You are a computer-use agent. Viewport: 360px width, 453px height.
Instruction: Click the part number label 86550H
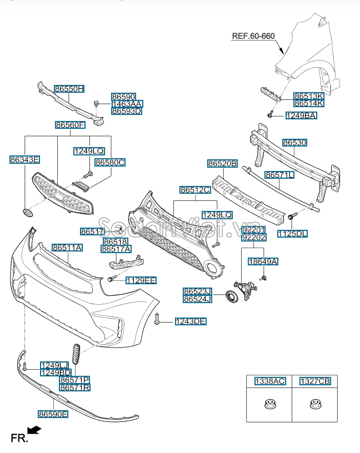(69, 89)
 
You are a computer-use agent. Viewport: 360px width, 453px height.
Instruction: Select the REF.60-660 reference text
(253, 36)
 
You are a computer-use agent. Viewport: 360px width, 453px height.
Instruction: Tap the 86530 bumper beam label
(294, 143)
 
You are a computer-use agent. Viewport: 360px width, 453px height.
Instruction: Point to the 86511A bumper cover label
(67, 248)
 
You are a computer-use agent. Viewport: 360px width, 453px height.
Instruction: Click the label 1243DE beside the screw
(191, 321)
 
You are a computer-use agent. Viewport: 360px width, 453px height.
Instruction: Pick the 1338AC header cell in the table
(270, 381)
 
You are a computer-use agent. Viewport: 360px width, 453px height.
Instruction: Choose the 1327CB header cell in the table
(315, 381)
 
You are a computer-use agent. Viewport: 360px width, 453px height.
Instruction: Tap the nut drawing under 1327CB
(315, 405)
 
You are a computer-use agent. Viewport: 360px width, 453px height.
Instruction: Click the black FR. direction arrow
(34, 430)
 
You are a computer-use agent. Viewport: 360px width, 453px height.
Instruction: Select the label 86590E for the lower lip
(53, 414)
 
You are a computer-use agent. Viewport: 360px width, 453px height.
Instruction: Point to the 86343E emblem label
(25, 160)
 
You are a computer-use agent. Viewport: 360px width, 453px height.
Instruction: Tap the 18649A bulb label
(263, 261)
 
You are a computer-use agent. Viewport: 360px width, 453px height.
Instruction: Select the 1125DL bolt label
(292, 234)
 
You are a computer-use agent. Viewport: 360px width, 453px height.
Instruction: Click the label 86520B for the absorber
(223, 164)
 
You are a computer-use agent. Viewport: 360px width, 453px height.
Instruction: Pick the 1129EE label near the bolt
(141, 280)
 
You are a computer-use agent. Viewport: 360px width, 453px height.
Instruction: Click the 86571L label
(279, 175)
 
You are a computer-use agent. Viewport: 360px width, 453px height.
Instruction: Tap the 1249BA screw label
(301, 115)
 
